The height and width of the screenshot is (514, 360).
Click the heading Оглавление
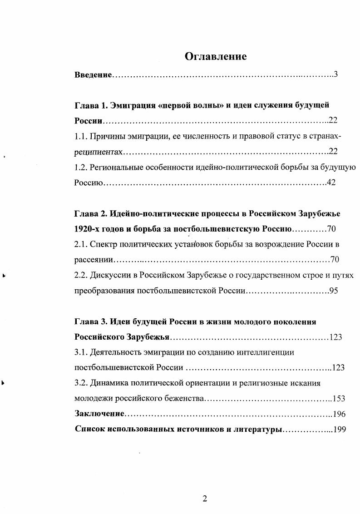(216, 56)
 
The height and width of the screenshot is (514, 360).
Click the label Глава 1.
(90, 105)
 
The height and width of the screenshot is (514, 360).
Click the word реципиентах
(99, 152)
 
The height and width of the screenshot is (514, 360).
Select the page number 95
(334, 291)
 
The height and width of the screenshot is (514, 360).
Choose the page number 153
(339, 399)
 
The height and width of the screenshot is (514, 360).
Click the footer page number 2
(205, 499)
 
